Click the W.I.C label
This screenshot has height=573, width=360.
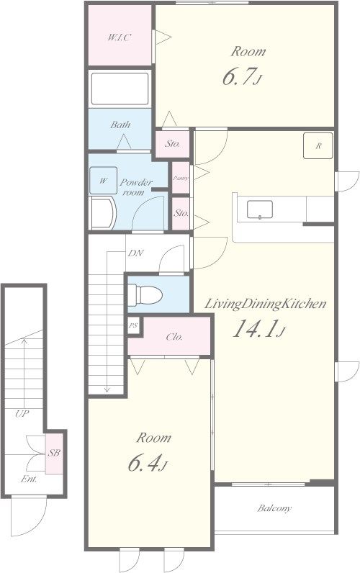pos(119,37)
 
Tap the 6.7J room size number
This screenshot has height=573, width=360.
pos(243,77)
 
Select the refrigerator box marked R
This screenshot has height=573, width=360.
pos(318,145)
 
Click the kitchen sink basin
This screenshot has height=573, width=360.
pos(259,209)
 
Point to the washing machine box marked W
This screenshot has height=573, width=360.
pos(104,180)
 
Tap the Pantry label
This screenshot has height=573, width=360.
pos(181,178)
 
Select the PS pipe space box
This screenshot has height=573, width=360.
pos(133,325)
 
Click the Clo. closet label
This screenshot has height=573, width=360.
pos(174,337)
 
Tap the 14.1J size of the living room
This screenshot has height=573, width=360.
pos(258,328)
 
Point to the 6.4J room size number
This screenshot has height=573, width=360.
pos(148,463)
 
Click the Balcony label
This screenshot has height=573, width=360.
pos(274,508)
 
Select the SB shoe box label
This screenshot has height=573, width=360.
pos(54,453)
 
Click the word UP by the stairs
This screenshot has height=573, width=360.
pos(22,414)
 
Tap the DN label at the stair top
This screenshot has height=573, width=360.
pos(135,253)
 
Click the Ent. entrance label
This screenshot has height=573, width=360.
pos(29,479)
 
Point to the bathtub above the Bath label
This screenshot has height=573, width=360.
pos(120,89)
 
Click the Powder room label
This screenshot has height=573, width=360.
pos(135,186)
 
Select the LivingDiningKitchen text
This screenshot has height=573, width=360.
pos(264,304)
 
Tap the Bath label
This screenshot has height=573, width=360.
pos(120,125)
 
